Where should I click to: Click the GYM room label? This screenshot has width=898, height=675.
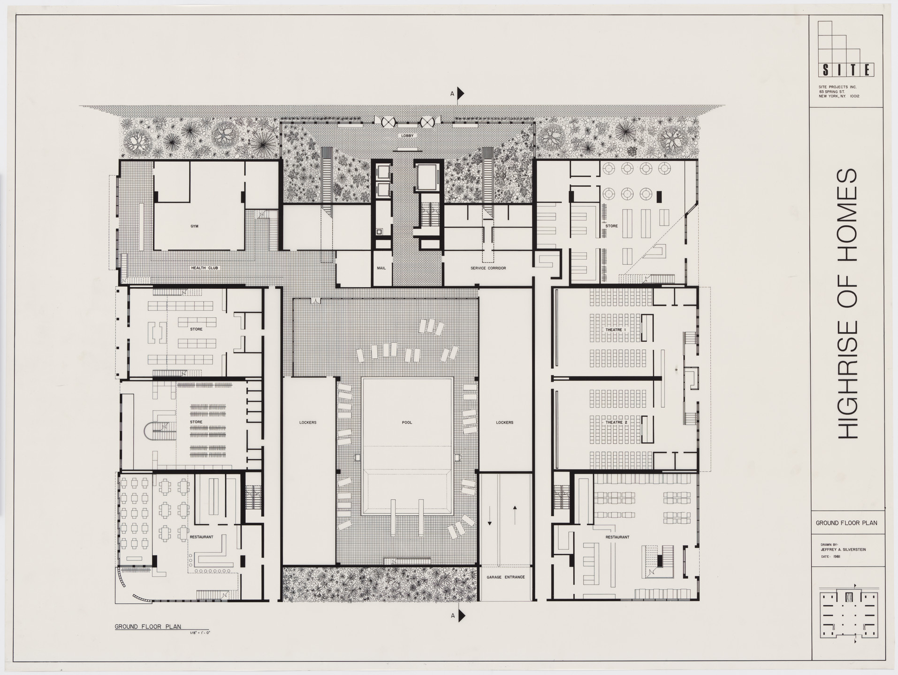pos(194,226)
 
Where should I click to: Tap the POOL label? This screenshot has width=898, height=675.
pos(407,422)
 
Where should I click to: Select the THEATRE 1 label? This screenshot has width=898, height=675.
pos(616,330)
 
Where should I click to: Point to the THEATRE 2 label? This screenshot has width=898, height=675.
pos(616,422)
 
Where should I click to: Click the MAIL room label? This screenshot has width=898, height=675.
pos(381,268)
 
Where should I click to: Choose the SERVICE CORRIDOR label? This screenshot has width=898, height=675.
pos(488,268)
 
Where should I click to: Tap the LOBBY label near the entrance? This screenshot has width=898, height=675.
pos(407,135)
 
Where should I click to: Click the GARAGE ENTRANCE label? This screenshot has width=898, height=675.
pos(505,577)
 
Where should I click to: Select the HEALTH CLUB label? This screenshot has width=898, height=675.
pos(205,268)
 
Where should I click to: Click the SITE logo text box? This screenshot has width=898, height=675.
pos(846,70)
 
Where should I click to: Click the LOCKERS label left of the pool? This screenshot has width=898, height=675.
pos(308,422)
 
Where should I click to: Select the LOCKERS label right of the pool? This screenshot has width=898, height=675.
pos(505,422)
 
